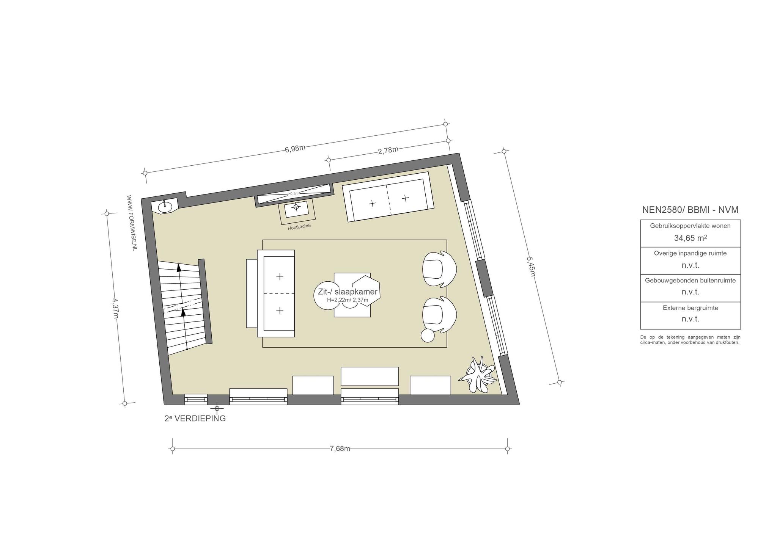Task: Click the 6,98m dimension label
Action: pyautogui.click(x=295, y=148)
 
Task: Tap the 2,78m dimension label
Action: pyautogui.click(x=388, y=150)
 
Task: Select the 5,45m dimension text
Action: pyautogui.click(x=530, y=267)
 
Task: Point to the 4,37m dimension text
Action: pyautogui.click(x=115, y=308)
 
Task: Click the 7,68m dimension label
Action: pyautogui.click(x=340, y=449)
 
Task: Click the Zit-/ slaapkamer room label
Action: pyautogui.click(x=345, y=292)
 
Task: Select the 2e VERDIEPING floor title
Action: pyautogui.click(x=195, y=419)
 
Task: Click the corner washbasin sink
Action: pyautogui.click(x=165, y=207)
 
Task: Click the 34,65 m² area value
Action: pyautogui.click(x=690, y=238)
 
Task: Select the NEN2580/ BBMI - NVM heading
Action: pyautogui.click(x=690, y=210)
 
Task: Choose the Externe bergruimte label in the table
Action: pyautogui.click(x=690, y=308)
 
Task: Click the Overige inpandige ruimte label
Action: pyautogui.click(x=690, y=253)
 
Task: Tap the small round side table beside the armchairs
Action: pyautogui.click(x=428, y=336)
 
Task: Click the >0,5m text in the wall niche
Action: pyautogui.click(x=293, y=193)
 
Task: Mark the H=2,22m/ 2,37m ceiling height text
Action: pyautogui.click(x=348, y=300)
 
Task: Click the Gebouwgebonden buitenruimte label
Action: pyautogui.click(x=690, y=281)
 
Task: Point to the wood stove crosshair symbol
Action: pyautogui.click(x=296, y=207)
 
